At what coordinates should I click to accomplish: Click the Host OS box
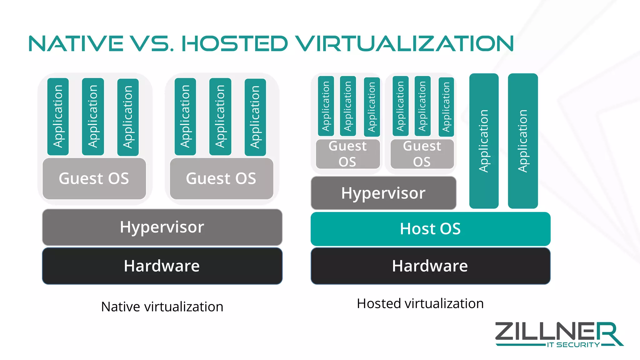[x=430, y=229]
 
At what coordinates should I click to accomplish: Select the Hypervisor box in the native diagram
[x=162, y=227]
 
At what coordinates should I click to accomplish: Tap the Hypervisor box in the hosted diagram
[x=383, y=193]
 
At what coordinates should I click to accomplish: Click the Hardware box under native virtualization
[x=162, y=266]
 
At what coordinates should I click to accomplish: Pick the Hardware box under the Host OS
[x=430, y=266]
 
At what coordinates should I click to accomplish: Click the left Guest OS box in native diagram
[x=94, y=178]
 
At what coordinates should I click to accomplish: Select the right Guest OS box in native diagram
[x=221, y=178]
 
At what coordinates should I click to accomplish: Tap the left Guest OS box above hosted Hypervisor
[x=348, y=154]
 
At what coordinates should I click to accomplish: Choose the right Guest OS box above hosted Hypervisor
[x=422, y=154]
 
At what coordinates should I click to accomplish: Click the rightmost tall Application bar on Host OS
[x=523, y=141]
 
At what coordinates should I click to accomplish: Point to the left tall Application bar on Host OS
[x=484, y=141]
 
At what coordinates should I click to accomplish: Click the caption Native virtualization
[x=162, y=307]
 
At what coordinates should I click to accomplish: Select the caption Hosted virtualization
[x=420, y=304]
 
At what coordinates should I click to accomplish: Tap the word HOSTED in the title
[x=234, y=44]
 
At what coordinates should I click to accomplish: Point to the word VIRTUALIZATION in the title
[x=405, y=44]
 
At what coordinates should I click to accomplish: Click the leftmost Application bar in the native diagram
[x=58, y=117]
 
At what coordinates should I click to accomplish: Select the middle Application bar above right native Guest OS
[x=220, y=117]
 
